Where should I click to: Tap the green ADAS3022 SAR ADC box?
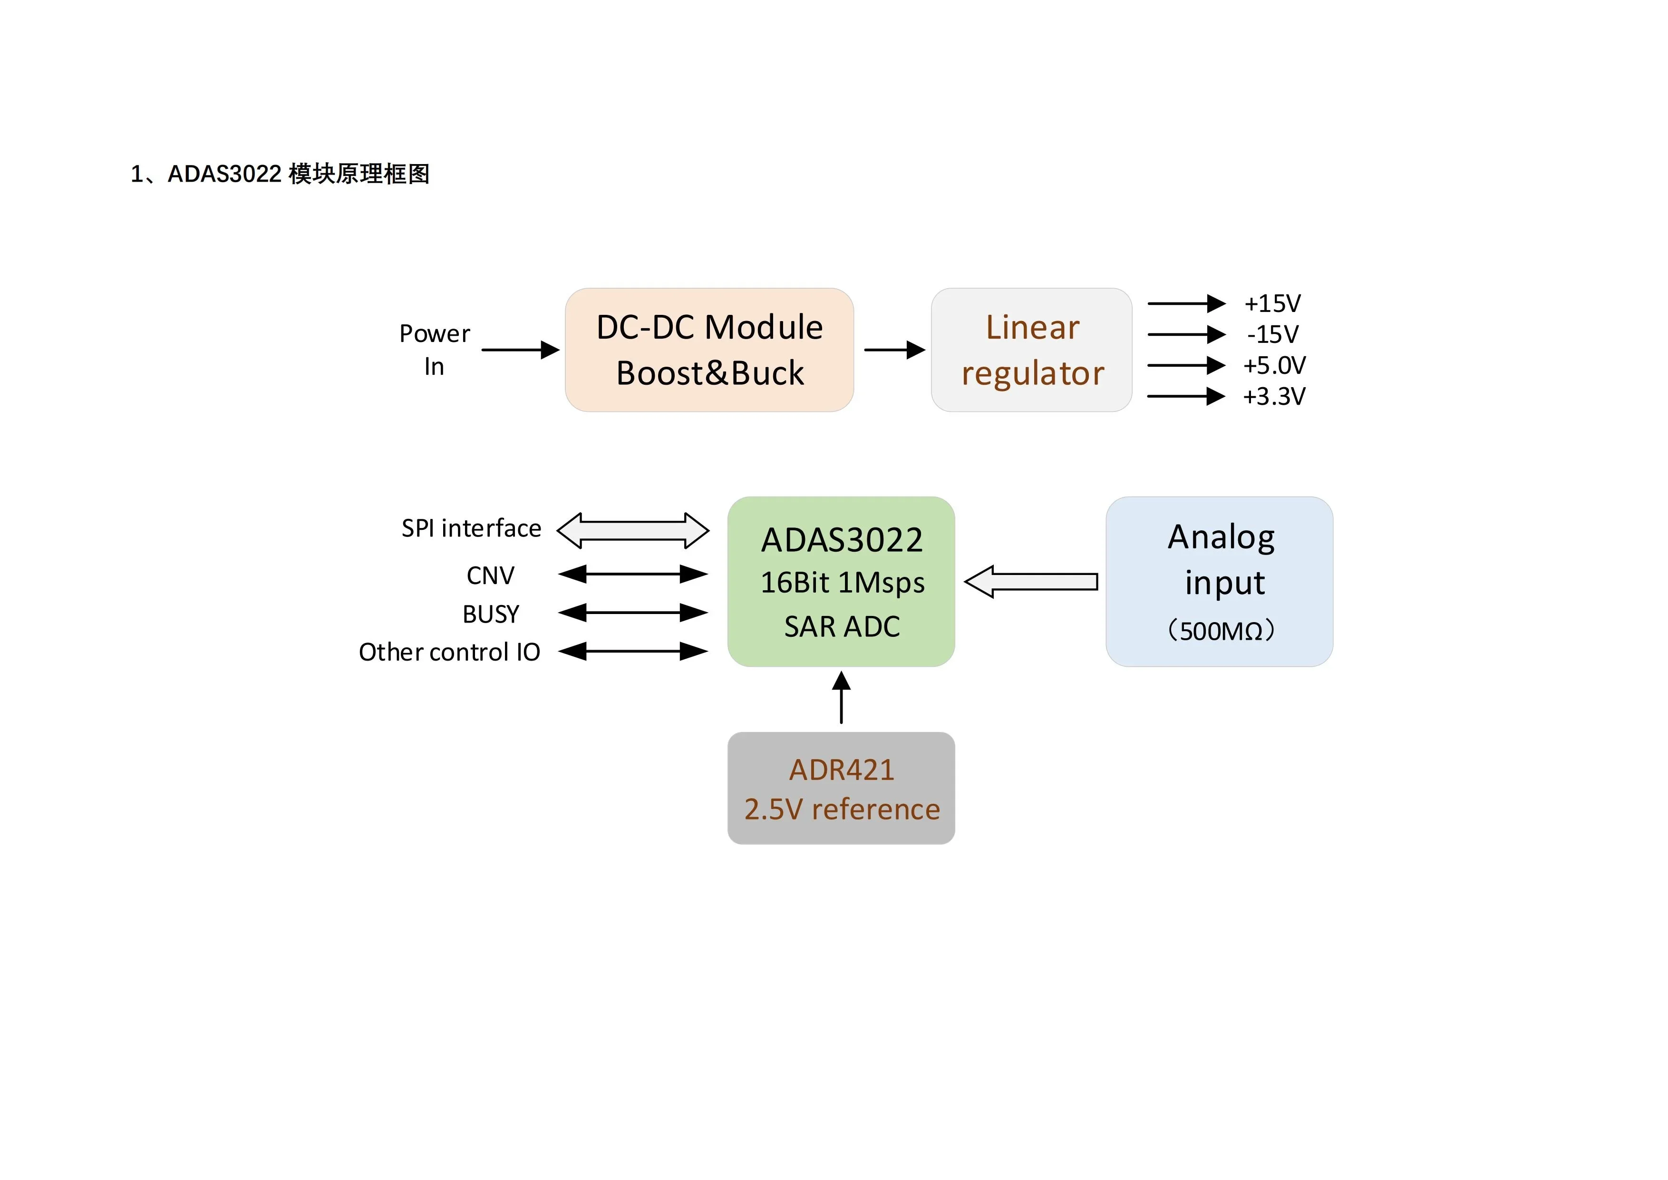click(x=841, y=581)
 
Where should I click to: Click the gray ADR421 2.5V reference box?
click(x=841, y=789)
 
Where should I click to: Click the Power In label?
click(x=435, y=350)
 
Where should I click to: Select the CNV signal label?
click(x=490, y=575)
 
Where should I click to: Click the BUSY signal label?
click(x=491, y=614)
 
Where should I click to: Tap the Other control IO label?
click(x=450, y=652)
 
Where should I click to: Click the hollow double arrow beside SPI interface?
click(x=633, y=530)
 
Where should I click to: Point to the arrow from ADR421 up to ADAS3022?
click(x=841, y=698)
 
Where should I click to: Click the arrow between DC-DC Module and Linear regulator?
click(x=893, y=350)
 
